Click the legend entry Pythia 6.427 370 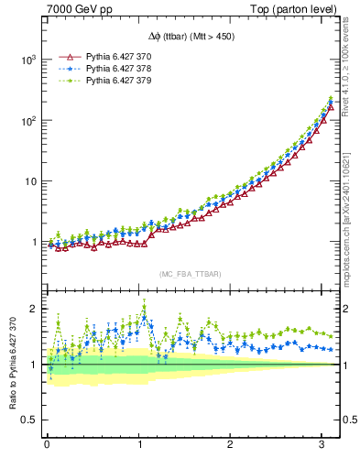pos(118,56)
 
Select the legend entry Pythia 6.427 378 pos(118,69)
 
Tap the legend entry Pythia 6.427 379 pos(118,82)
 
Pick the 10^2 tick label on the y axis pos(28,120)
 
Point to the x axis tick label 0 pos(47,445)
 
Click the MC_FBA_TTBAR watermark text pos(190,273)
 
